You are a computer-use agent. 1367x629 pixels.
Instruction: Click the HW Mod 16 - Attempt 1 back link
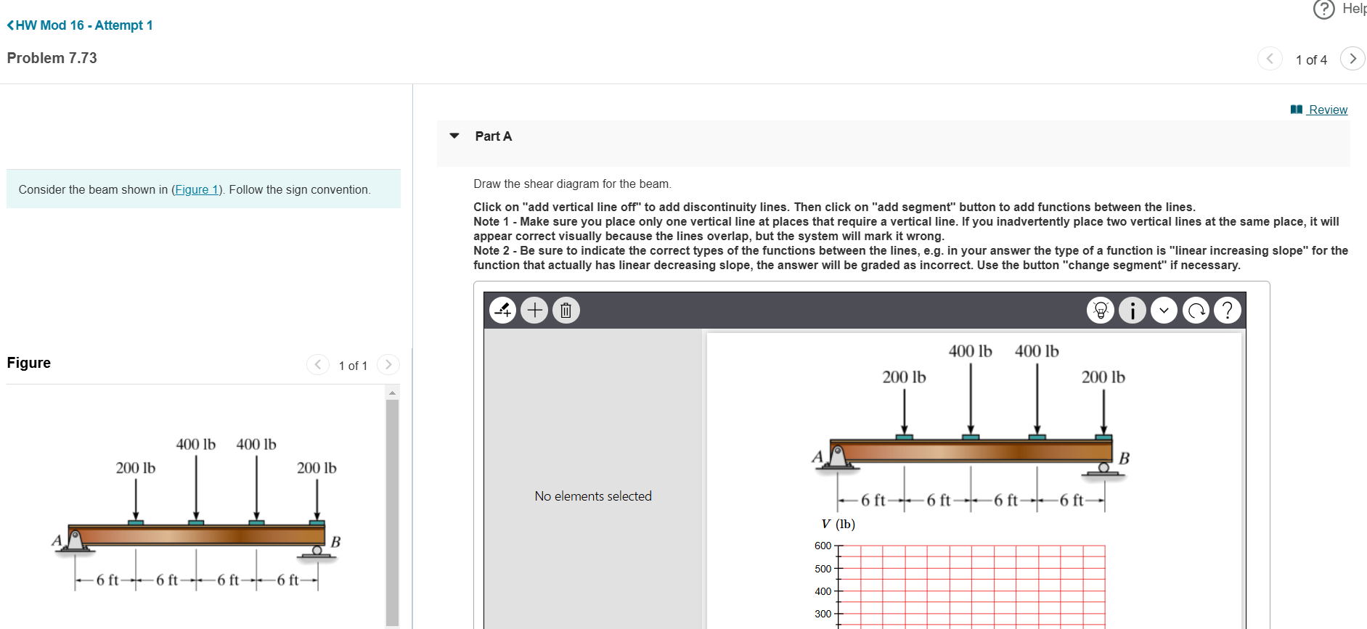click(x=80, y=25)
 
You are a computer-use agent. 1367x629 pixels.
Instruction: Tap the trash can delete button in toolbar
click(x=566, y=311)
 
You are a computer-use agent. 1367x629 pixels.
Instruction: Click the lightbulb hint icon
click(x=1101, y=311)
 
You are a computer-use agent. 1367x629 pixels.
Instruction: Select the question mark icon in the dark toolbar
click(x=1228, y=311)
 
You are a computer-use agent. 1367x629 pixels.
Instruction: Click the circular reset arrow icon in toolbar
click(x=1196, y=311)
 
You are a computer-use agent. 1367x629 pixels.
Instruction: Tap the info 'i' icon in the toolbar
click(x=1133, y=311)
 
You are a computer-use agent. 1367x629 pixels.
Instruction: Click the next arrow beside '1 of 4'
click(x=1352, y=59)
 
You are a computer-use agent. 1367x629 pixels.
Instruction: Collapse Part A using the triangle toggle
click(x=454, y=136)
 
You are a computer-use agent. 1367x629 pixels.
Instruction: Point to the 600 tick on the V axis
click(x=823, y=546)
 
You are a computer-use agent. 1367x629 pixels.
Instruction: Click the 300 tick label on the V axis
click(x=823, y=614)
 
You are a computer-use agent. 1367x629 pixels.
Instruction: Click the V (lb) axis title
click(x=838, y=524)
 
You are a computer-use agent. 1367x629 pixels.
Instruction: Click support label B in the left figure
click(x=335, y=542)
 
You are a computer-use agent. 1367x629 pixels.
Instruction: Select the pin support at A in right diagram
click(x=838, y=457)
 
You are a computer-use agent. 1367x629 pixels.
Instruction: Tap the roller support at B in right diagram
click(x=1103, y=469)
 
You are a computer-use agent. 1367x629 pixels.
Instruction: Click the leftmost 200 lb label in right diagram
click(x=904, y=377)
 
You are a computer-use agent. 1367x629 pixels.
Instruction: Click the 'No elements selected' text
click(x=593, y=496)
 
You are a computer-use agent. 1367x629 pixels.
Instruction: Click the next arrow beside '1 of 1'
click(x=388, y=364)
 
